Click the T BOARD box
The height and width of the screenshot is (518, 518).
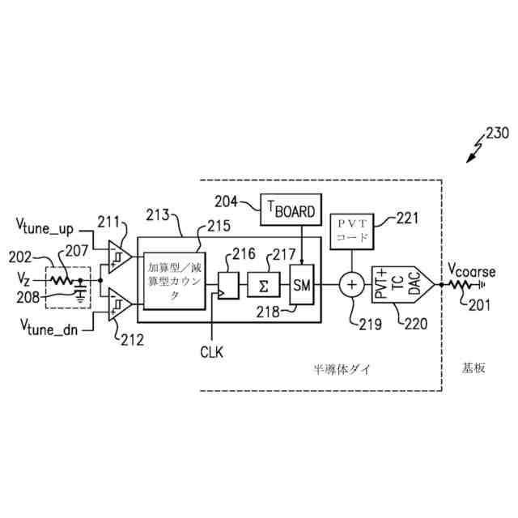(x=290, y=210)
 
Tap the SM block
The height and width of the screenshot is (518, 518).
(x=301, y=285)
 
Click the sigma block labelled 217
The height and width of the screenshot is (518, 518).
(x=260, y=284)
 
